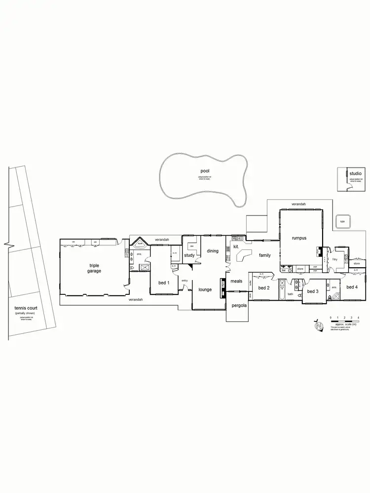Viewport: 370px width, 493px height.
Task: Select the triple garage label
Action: point(94,268)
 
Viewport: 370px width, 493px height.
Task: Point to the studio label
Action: point(355,174)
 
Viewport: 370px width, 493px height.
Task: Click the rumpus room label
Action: point(299,238)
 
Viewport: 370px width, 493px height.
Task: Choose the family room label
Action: point(265,255)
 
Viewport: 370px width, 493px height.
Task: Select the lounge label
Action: point(205,289)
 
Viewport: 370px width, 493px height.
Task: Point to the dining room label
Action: point(213,251)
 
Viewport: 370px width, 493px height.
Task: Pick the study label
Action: point(189,255)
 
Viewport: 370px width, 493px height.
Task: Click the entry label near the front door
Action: point(185,281)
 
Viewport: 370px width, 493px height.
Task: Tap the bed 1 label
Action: point(164,282)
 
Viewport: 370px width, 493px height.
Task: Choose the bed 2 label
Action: point(263,288)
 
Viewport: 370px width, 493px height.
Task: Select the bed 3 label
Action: point(312,291)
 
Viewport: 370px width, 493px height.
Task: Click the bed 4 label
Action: point(352,287)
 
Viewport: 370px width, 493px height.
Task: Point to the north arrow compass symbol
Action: point(319,326)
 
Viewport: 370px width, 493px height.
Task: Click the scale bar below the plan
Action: point(344,320)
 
